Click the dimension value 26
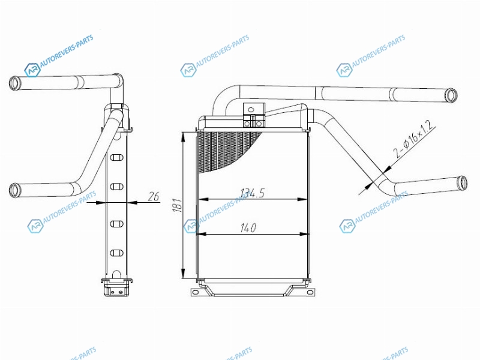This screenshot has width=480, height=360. click(154, 197)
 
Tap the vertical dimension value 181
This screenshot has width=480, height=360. click(177, 205)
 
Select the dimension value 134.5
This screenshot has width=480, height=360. click(253, 193)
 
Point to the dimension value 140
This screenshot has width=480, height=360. click(248, 228)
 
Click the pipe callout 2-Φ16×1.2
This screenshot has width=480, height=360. click(414, 139)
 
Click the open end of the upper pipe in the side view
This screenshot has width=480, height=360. click(14, 83)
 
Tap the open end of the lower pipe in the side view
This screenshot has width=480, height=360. click(14, 190)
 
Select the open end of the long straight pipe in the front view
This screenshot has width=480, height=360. click(451, 95)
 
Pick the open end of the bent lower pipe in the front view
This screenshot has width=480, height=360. click(462, 183)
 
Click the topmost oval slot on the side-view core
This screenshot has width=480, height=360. click(116, 158)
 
